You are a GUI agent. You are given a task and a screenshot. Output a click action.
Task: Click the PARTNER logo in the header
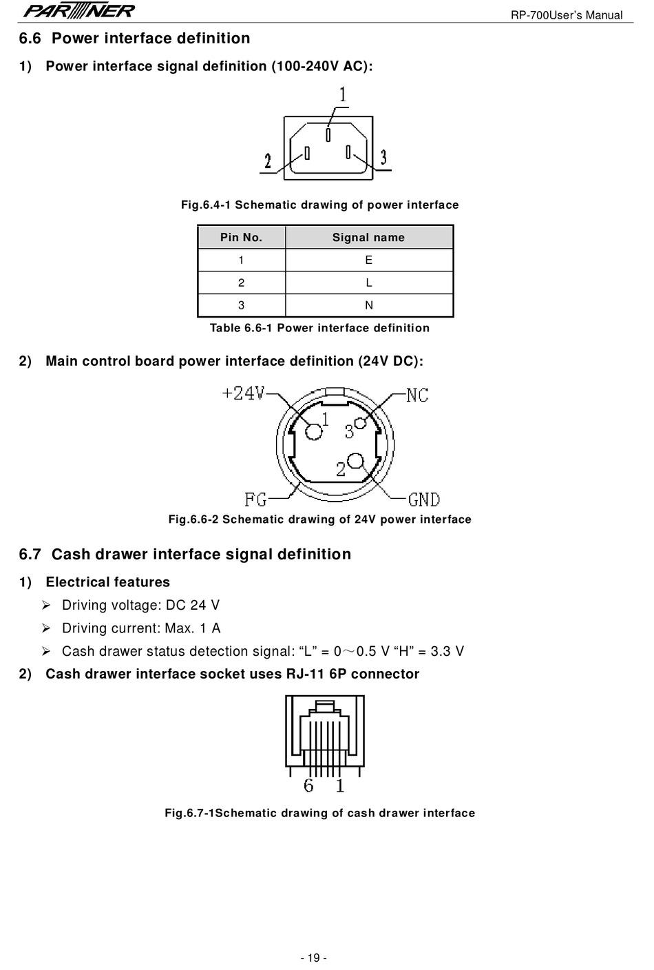(78, 10)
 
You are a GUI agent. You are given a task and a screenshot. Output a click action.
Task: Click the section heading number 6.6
(30, 39)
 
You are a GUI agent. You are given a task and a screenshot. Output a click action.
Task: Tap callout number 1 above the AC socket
(343, 94)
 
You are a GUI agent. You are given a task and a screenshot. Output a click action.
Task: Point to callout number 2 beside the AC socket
(268, 161)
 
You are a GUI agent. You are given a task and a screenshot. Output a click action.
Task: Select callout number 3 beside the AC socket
(383, 157)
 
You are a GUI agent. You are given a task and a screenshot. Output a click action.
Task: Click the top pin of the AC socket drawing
(328, 134)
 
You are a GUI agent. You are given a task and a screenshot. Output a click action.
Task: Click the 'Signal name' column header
(369, 237)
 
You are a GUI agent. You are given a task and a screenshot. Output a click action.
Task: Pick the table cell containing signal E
(369, 260)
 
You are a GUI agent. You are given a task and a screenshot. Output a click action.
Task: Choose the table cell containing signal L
(369, 282)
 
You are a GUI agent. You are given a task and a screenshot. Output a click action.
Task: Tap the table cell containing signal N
(369, 305)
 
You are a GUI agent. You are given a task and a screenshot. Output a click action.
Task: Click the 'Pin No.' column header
(241, 237)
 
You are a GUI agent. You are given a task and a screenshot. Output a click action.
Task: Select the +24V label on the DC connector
(243, 393)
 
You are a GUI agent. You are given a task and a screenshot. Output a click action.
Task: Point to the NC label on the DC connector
(417, 395)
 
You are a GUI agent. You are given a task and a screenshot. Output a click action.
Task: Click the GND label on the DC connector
(424, 499)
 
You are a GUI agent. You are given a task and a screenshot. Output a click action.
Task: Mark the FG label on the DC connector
(256, 499)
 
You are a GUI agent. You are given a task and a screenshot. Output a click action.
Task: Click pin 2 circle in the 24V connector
(356, 461)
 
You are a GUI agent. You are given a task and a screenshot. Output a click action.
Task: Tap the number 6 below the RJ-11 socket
(308, 785)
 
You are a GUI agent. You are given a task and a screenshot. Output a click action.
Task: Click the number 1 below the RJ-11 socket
(340, 785)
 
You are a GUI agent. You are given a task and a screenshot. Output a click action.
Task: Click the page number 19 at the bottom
(314, 958)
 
